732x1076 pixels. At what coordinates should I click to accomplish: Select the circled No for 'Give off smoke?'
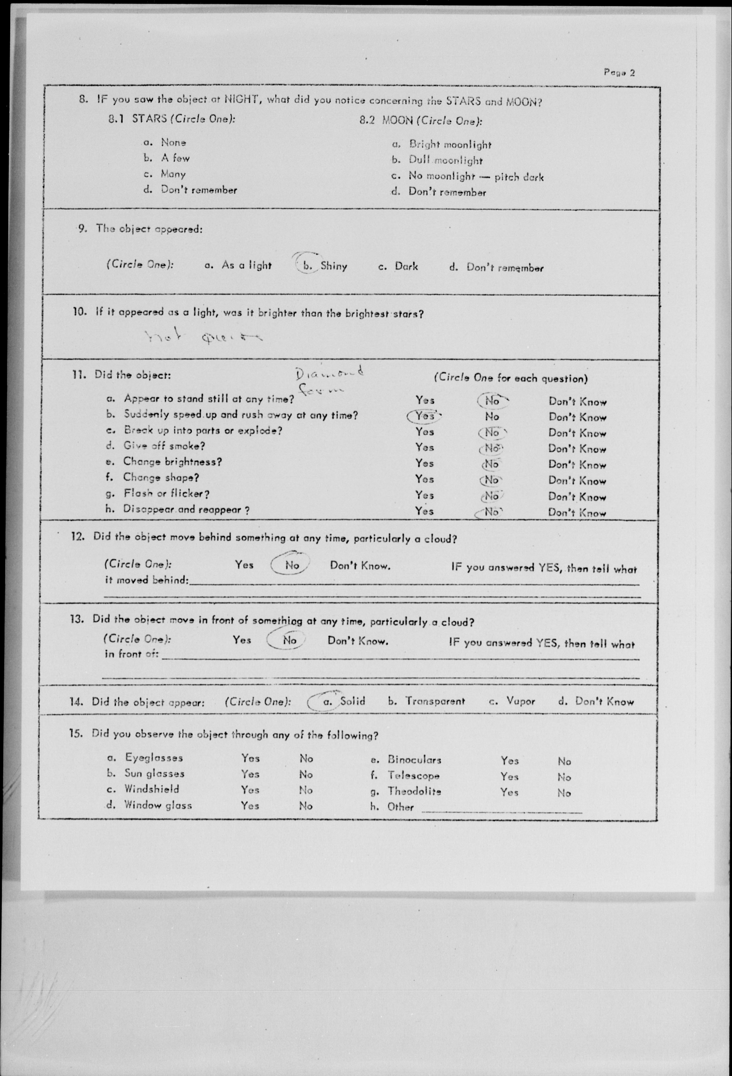point(491,448)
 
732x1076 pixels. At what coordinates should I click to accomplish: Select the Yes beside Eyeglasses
point(250,758)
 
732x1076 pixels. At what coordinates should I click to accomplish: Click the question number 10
point(79,312)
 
